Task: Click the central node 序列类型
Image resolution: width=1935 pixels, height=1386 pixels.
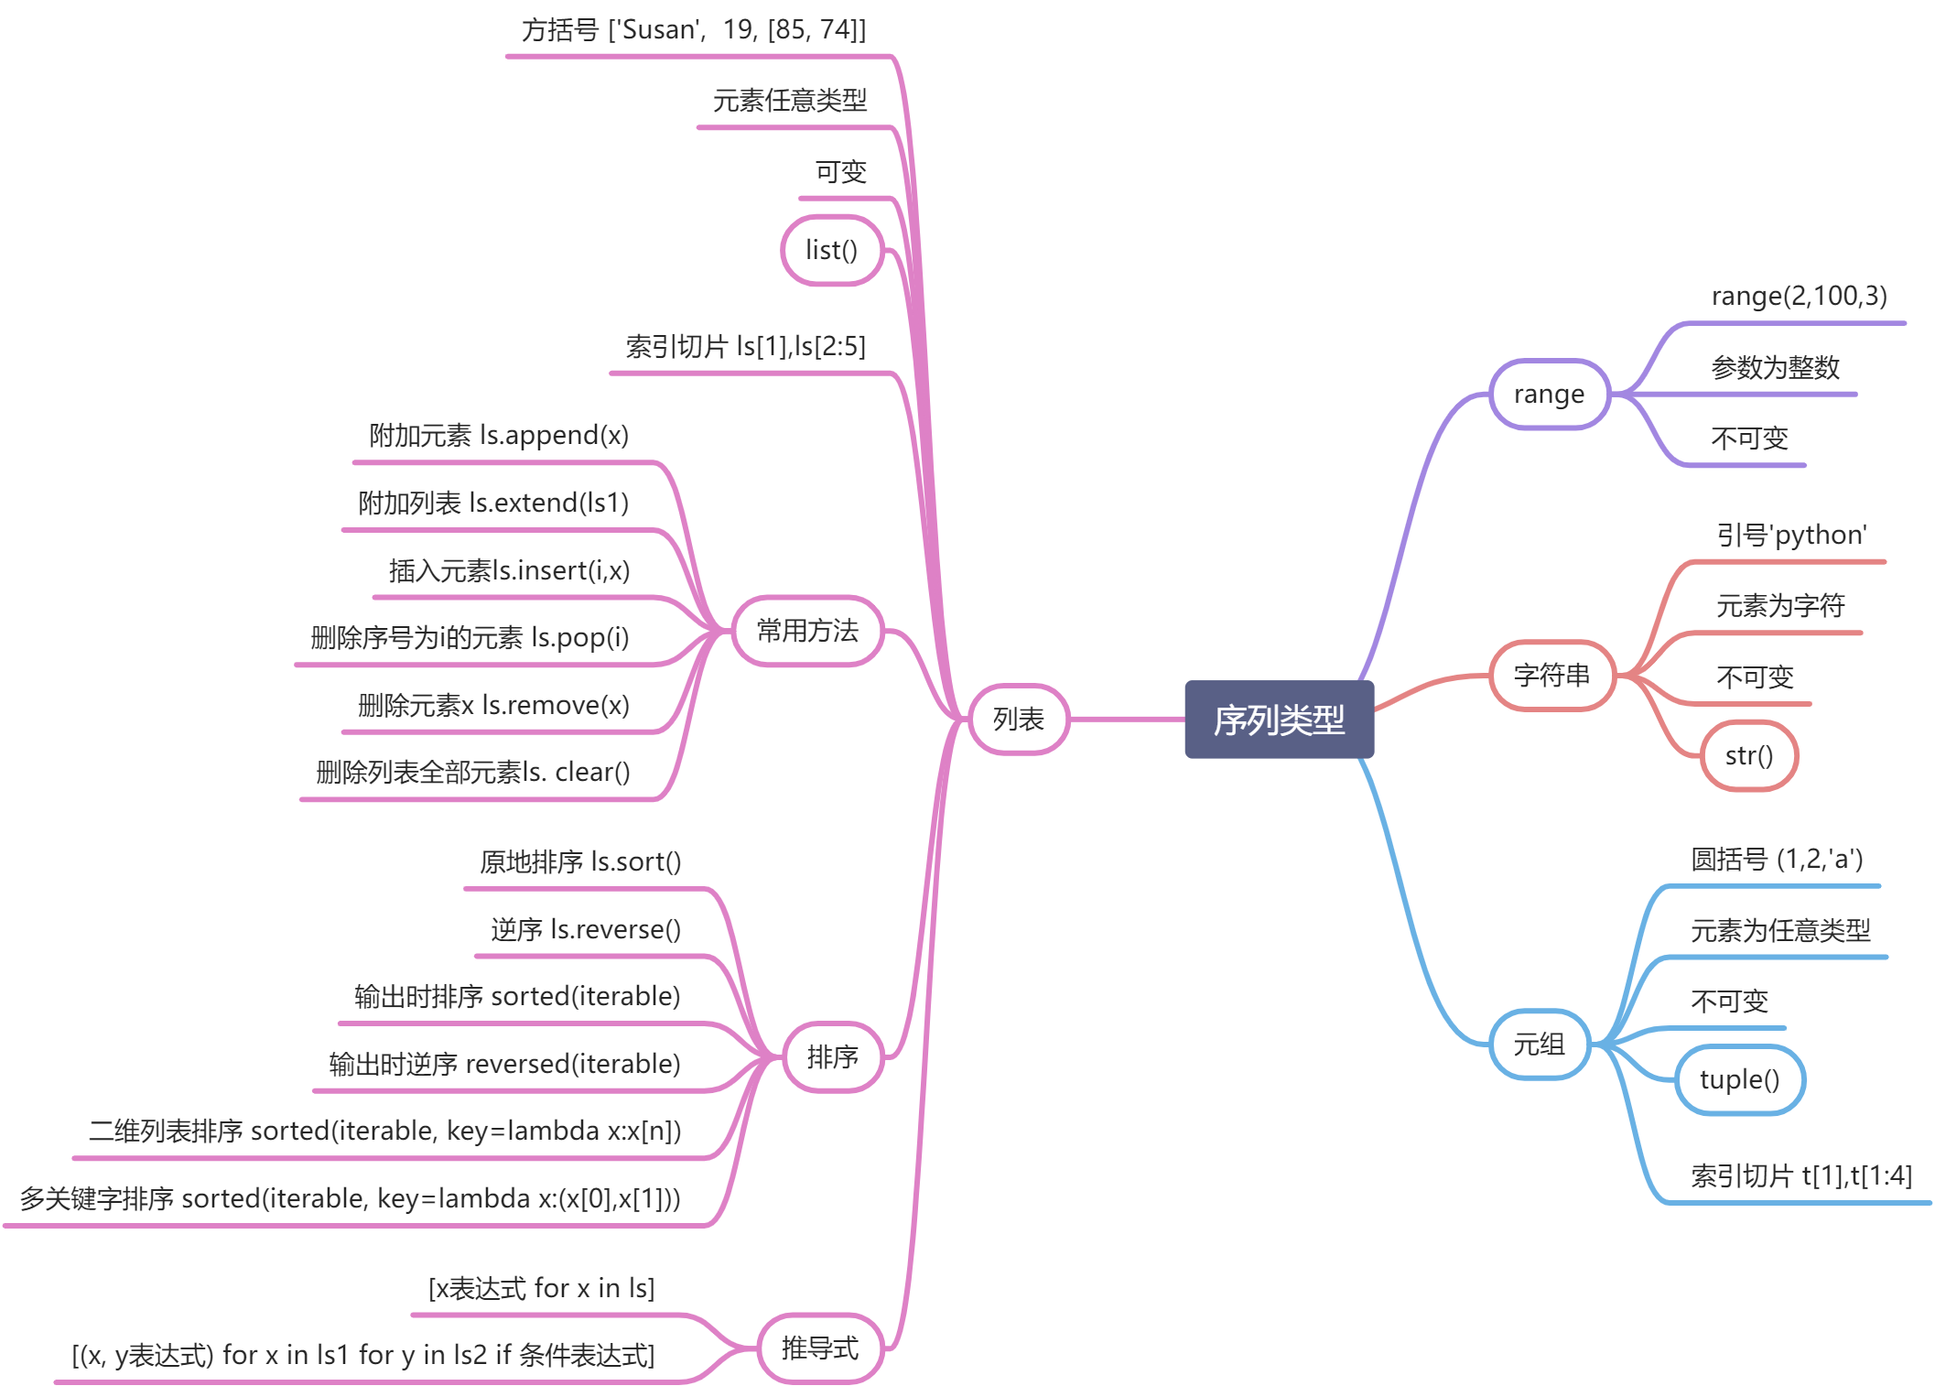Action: coord(1279,720)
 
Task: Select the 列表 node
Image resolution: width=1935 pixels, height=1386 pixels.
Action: coord(1018,720)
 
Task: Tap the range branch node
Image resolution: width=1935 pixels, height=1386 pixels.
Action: coord(1549,395)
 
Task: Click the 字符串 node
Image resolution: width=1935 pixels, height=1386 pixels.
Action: coord(1551,676)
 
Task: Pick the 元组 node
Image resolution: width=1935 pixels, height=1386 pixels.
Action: coord(1539,1045)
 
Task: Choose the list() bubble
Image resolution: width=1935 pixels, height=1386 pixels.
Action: coord(831,250)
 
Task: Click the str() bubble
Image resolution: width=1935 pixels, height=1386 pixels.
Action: coord(1748,756)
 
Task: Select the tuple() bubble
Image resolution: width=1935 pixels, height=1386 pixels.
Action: coord(1739,1080)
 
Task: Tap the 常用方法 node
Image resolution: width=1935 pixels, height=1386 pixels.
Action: coord(807,631)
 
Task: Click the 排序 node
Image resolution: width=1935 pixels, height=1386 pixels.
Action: coord(832,1057)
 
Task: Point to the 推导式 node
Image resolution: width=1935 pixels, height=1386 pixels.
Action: coord(820,1348)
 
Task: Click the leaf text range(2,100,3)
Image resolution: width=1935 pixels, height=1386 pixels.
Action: coord(1799,297)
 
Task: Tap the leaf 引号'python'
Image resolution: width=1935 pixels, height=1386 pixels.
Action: coord(1791,536)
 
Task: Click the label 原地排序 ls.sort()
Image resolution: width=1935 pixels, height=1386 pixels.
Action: coord(580,862)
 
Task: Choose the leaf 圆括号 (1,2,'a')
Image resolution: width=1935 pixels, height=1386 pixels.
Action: coord(1777,860)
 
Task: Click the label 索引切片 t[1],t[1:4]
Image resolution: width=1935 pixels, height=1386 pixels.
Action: coord(1800,1176)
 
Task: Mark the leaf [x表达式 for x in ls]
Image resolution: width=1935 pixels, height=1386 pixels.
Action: coord(541,1289)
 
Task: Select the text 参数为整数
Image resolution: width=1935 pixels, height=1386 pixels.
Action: coord(1775,368)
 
